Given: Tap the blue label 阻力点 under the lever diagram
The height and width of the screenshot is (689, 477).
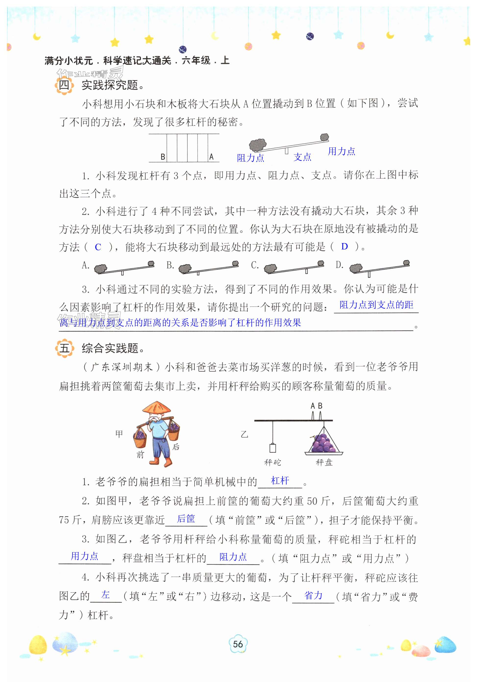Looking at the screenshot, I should (x=250, y=158).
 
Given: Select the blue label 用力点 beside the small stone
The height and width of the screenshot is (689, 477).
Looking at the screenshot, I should (x=341, y=152).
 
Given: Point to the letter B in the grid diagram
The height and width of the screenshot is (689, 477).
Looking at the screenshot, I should (x=163, y=157).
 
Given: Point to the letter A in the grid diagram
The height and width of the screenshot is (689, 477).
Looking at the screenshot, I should (x=211, y=157).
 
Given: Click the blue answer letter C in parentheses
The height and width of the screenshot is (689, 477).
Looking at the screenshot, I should (x=98, y=247).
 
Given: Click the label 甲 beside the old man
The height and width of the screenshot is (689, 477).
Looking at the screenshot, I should (x=119, y=434).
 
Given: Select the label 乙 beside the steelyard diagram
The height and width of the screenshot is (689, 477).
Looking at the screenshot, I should (x=244, y=434).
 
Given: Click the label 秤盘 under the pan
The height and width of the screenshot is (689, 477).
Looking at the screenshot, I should (x=324, y=462).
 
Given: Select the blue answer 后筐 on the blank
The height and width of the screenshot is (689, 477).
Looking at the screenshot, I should (x=186, y=519).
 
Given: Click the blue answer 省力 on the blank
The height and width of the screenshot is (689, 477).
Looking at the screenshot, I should (x=313, y=595).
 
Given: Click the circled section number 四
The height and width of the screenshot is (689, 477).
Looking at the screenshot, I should (x=64, y=86).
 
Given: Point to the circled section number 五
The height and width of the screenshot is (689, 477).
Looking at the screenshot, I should (x=64, y=348).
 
